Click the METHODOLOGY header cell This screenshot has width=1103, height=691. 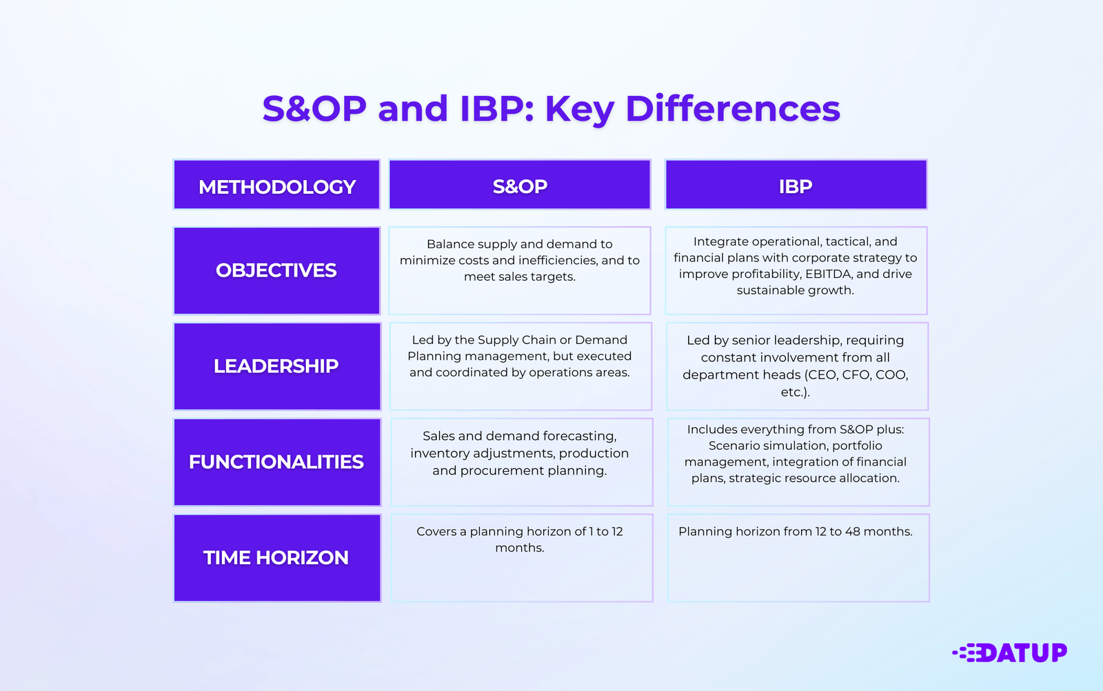coord(276,186)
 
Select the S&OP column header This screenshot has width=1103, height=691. coord(520,186)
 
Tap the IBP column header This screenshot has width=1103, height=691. coord(796,186)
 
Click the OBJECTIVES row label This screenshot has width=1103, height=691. coord(276,270)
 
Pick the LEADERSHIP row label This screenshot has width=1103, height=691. coord(276,366)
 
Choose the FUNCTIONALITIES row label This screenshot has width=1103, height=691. coord(276,462)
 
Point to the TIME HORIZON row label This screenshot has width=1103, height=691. coord(276,558)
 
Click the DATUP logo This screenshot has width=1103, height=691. coord(1011,652)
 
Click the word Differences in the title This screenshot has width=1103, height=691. coord(733,109)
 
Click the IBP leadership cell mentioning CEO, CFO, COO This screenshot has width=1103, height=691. coord(796,366)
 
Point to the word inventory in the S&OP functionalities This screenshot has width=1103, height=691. coord(438,453)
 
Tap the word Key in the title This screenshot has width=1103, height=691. coord(579,109)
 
